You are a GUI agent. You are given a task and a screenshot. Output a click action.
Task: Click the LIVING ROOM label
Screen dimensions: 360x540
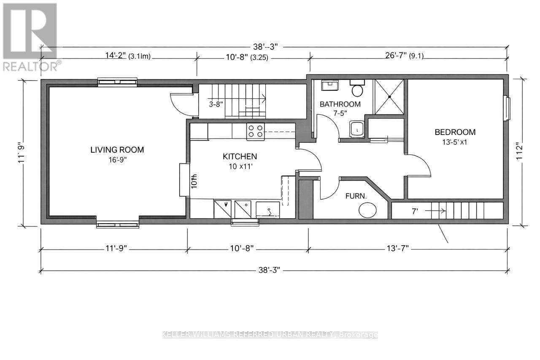click(x=117, y=150)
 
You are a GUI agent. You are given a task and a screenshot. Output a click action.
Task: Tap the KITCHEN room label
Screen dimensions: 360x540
click(x=240, y=157)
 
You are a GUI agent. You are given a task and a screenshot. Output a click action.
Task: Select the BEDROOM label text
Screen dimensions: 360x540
click(x=455, y=132)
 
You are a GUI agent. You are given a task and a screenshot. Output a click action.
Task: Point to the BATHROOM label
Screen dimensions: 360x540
click(x=340, y=104)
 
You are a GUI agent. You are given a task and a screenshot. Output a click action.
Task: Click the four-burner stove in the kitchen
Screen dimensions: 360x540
click(x=255, y=131)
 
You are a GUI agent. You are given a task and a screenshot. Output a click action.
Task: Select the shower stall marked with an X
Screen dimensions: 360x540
click(x=389, y=97)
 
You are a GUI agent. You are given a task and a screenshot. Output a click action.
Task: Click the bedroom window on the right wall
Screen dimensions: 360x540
click(x=508, y=109)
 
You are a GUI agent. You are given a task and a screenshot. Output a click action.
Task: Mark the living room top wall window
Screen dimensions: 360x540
click(x=117, y=82)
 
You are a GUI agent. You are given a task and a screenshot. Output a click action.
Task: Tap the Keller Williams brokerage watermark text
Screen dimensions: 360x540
click(x=270, y=335)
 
